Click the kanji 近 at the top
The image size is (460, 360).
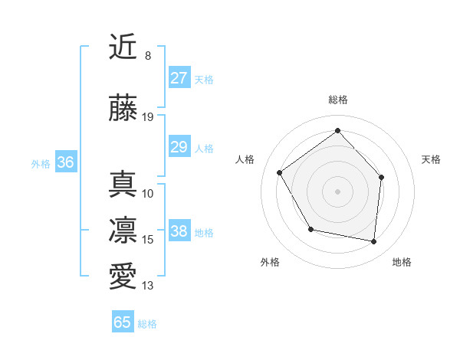(x=123, y=47)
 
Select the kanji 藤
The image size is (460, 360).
(x=123, y=108)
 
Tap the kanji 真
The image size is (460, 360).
(x=123, y=183)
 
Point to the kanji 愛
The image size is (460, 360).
(x=123, y=276)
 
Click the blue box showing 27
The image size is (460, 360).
(x=179, y=78)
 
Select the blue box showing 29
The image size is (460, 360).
(x=179, y=147)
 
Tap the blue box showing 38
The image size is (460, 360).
(x=179, y=231)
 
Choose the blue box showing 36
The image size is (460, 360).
(x=65, y=162)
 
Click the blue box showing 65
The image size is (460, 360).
(x=123, y=322)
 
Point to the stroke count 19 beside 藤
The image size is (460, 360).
(x=148, y=117)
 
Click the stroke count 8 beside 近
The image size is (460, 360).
(x=147, y=56)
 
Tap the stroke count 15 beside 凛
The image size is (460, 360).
(x=148, y=240)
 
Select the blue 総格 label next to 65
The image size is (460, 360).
(x=147, y=324)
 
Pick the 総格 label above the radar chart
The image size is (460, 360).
(x=337, y=100)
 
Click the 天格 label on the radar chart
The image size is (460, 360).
(x=431, y=159)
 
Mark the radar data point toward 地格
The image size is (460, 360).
(x=373, y=242)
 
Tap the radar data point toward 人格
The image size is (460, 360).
(x=280, y=172)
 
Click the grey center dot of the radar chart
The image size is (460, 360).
(x=337, y=191)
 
